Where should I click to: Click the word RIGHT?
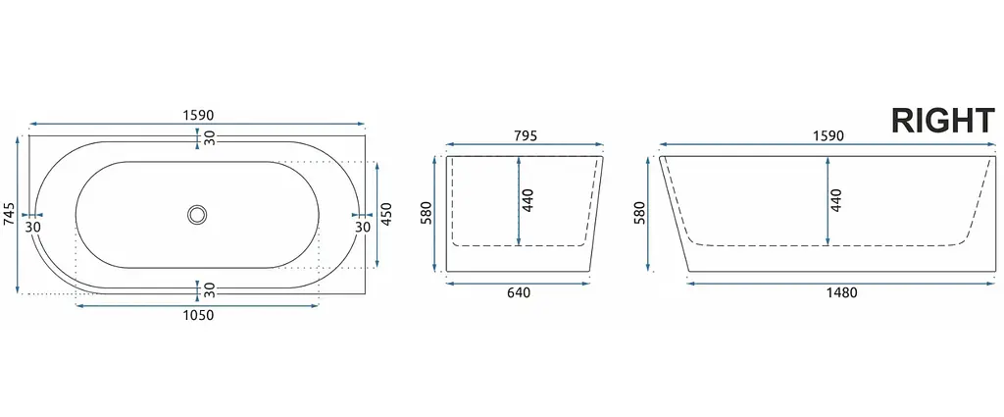(943, 121)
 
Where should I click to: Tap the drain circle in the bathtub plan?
(197, 215)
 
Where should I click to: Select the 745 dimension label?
(8, 215)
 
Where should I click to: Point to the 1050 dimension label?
(197, 315)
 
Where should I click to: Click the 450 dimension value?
(386, 215)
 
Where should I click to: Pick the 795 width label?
(525, 135)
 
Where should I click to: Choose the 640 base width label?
(518, 292)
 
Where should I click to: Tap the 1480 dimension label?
(841, 292)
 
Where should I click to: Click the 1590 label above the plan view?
(197, 116)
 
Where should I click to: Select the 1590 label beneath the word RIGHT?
(828, 135)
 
